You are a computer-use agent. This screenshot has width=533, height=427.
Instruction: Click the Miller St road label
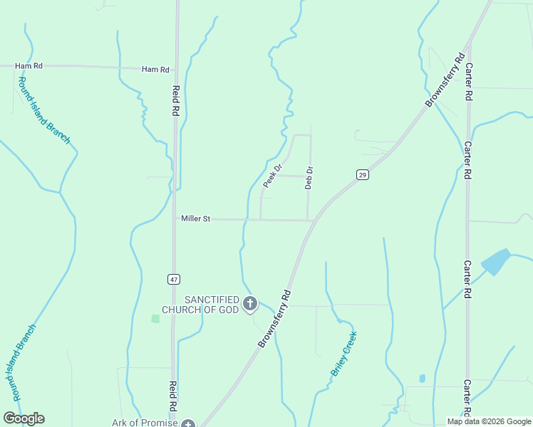[195, 219]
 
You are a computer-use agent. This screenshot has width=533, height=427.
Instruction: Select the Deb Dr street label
[309, 178]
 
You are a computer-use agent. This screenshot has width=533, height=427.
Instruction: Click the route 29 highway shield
[362, 175]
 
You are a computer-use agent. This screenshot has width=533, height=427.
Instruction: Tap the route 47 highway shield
[174, 279]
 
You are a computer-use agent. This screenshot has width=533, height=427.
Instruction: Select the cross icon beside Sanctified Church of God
[249, 305]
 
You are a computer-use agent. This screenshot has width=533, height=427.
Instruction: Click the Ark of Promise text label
[145, 422]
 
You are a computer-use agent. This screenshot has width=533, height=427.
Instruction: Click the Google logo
[24, 418]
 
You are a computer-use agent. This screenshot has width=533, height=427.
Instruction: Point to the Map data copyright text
[489, 421]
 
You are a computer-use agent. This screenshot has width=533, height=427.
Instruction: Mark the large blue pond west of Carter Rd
[496, 261]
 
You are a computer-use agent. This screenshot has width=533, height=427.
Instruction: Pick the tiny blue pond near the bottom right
[423, 378]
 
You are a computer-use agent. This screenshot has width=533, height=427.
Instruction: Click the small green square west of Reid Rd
[155, 318]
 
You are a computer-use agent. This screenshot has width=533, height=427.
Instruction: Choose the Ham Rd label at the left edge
[29, 65]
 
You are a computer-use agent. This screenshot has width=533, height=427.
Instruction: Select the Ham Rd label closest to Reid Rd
[155, 69]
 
